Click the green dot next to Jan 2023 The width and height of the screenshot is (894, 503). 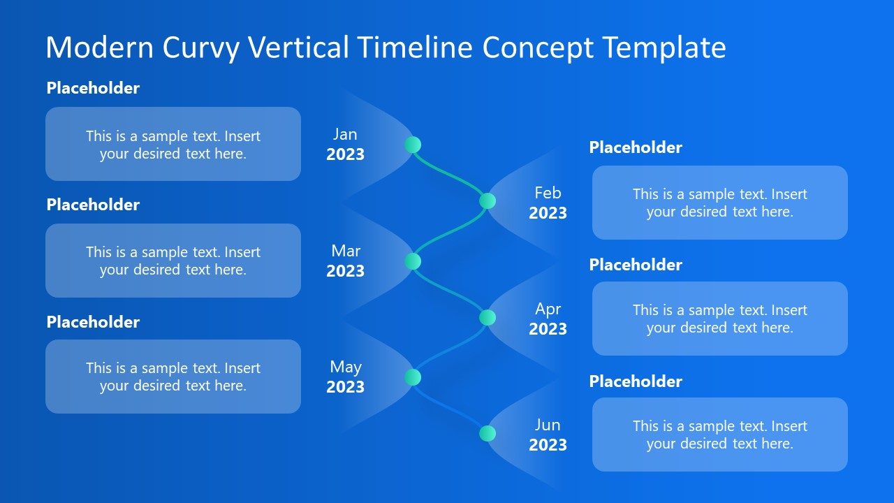pos(413,145)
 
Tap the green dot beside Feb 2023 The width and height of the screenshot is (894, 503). pos(488,201)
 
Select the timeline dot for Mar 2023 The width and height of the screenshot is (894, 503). pos(413,261)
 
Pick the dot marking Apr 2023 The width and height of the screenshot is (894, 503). pos(488,318)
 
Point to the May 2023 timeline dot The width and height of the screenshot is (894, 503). pos(413,377)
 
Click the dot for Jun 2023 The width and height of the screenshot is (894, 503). pos(488,434)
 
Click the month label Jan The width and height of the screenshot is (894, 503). pos(345,134)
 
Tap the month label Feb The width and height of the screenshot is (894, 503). pos(548,193)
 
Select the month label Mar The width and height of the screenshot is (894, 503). pos(346,251)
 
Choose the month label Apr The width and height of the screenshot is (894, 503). pos(548,309)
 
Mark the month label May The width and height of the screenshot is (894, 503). pos(345,367)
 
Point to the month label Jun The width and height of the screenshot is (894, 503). pos(548,425)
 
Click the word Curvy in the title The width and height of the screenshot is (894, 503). pos(201,48)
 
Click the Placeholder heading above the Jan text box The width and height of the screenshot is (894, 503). pos(93,88)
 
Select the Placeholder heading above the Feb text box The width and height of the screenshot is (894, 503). pos(636,147)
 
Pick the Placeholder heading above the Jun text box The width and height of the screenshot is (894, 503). pos(636,381)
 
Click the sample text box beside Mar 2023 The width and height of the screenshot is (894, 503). pos(173,261)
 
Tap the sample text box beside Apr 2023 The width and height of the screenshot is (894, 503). pos(719,319)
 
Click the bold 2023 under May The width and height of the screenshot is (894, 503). pos(345,387)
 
